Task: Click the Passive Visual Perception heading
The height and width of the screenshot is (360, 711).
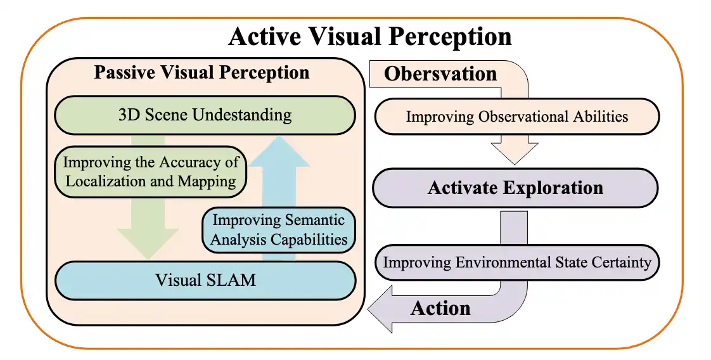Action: click(x=202, y=72)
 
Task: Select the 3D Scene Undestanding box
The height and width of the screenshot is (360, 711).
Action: click(x=205, y=115)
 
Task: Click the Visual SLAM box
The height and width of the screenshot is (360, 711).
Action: click(x=205, y=280)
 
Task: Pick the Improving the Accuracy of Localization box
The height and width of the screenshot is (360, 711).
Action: click(x=151, y=171)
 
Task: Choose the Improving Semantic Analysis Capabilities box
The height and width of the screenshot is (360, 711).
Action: click(x=278, y=229)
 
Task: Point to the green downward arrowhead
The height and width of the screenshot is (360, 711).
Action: click(x=148, y=243)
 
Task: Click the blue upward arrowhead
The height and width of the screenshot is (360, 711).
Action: click(x=279, y=152)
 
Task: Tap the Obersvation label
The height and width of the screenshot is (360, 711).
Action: click(x=440, y=74)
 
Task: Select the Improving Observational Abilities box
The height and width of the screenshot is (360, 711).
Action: click(x=517, y=117)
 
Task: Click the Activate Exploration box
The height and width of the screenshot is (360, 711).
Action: click(x=515, y=188)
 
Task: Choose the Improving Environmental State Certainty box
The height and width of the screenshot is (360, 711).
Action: click(x=517, y=262)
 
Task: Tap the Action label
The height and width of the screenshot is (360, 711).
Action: click(x=440, y=308)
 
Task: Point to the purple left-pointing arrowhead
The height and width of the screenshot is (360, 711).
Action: click(x=380, y=309)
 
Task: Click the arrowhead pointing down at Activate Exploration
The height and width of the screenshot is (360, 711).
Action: click(x=515, y=154)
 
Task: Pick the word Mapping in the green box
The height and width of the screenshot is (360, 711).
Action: click(x=207, y=181)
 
